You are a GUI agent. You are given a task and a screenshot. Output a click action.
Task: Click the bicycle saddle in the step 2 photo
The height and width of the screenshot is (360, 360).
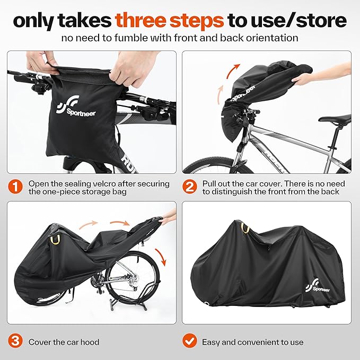(335, 118)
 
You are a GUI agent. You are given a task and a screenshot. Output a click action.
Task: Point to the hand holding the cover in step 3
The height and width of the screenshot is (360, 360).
(168, 216)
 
